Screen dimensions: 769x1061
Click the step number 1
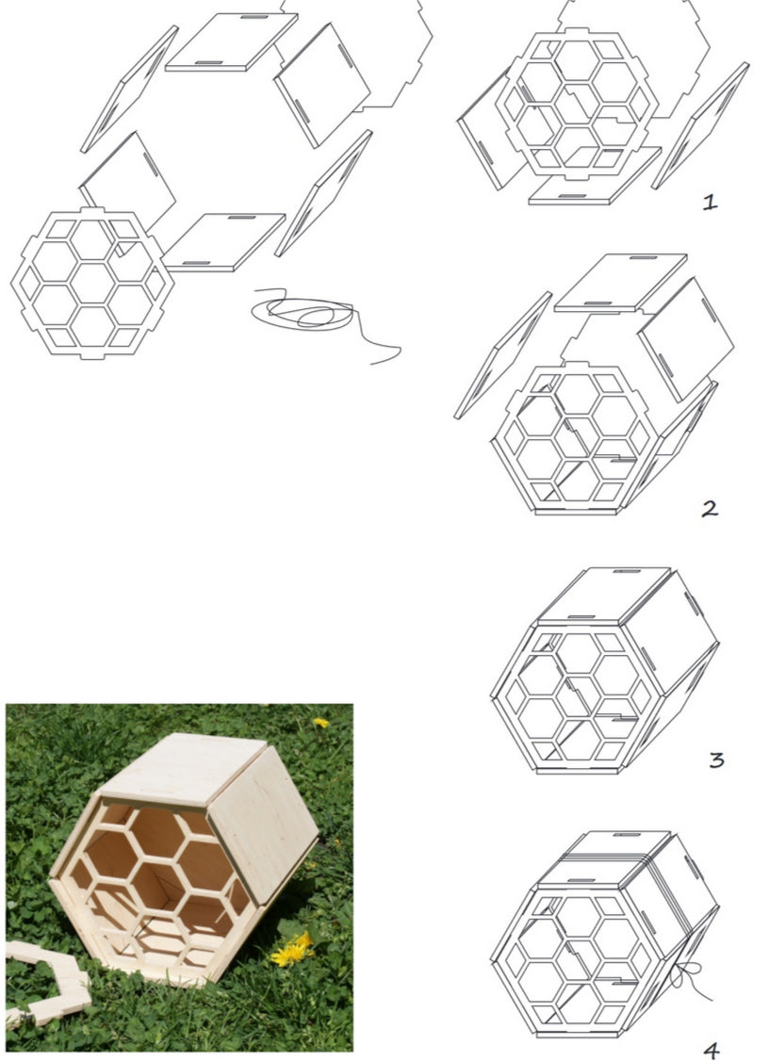(x=710, y=202)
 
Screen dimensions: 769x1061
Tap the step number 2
(x=710, y=509)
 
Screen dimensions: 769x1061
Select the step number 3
(x=716, y=759)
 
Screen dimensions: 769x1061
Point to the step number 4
(x=712, y=1051)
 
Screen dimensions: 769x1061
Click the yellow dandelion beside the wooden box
(x=292, y=950)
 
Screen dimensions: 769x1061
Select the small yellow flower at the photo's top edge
(x=320, y=723)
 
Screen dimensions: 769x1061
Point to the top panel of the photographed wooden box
(x=183, y=768)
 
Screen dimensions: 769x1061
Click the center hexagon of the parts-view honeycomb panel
(x=92, y=284)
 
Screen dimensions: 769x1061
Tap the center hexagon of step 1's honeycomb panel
(x=577, y=105)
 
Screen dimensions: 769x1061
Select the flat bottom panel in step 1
(x=595, y=175)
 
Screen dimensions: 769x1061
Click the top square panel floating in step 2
(x=621, y=283)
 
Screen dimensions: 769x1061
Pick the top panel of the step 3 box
(x=604, y=596)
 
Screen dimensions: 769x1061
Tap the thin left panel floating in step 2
(x=503, y=355)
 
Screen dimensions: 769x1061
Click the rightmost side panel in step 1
(x=700, y=126)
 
